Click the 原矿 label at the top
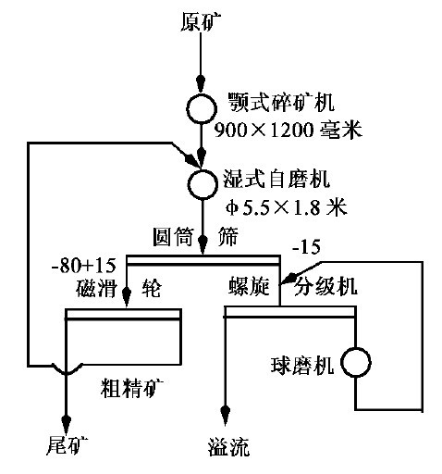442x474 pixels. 201,21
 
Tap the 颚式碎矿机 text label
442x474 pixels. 281,103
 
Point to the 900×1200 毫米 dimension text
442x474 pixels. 288,130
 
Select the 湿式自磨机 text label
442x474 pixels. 276,179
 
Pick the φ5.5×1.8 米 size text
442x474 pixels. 287,207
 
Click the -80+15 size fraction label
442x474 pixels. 83,266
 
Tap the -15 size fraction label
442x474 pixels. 306,247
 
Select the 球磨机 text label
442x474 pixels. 302,366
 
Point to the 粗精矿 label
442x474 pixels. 132,388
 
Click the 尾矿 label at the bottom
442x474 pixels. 67,446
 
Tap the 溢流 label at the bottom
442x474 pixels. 228,447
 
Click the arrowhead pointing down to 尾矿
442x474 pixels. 67,424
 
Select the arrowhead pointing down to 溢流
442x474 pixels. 225,415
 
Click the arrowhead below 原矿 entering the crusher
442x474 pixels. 201,83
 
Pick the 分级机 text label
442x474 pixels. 325,286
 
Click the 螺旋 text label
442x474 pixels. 249,286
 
